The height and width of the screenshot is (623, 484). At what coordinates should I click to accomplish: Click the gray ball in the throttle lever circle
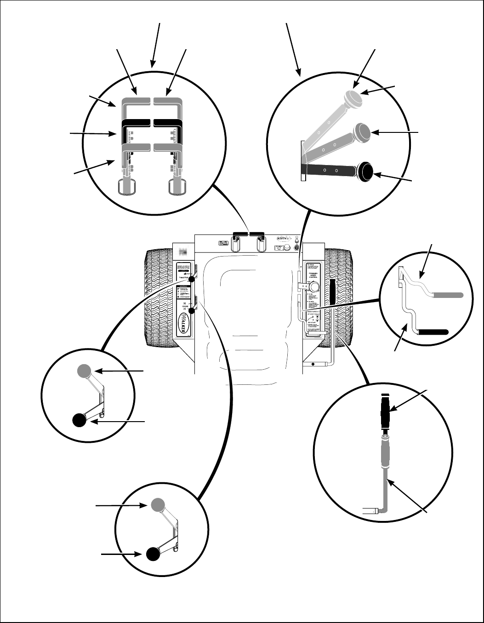click(x=84, y=371)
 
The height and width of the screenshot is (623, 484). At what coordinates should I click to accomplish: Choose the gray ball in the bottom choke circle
click(x=157, y=504)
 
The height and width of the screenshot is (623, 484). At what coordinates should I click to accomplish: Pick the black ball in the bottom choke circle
click(x=153, y=554)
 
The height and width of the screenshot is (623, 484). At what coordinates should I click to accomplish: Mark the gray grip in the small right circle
click(x=448, y=295)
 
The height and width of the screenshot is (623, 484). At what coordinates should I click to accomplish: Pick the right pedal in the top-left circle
click(x=177, y=186)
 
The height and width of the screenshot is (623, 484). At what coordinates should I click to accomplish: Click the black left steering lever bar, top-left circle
click(x=136, y=123)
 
